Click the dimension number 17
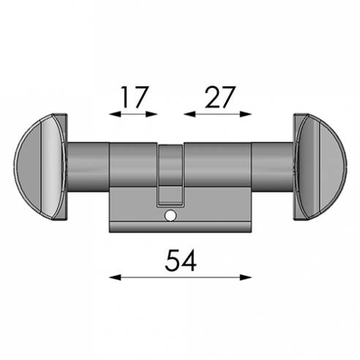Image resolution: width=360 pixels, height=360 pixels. click(135, 97)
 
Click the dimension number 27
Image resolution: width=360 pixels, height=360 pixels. click(220, 97)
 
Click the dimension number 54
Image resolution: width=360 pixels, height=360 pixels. click(181, 260)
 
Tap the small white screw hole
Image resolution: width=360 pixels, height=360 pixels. click(170, 216)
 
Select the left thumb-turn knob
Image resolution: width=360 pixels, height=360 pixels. click(40, 167)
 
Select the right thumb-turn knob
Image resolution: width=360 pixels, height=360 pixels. click(320, 167)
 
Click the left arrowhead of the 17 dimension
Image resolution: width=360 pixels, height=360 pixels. click(115, 114)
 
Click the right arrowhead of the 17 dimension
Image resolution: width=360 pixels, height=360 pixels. click(151, 114)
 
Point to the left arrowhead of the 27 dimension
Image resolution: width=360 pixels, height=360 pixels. click(190, 114)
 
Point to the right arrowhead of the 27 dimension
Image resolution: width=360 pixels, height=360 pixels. click(245, 114)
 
